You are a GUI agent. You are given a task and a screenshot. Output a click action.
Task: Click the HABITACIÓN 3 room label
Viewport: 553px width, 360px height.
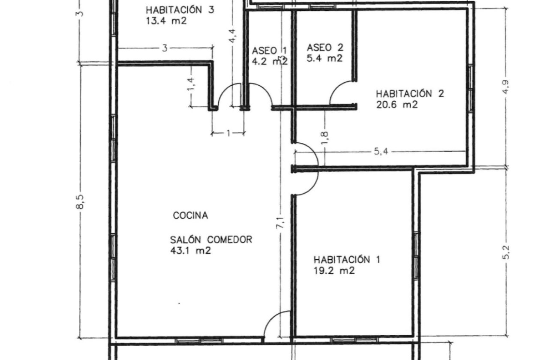click(180, 10)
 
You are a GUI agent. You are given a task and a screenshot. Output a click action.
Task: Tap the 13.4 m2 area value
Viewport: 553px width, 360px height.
click(166, 21)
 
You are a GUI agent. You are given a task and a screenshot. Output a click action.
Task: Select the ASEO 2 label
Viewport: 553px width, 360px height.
click(325, 48)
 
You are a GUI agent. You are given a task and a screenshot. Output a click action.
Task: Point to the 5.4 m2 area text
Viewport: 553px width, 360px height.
click(325, 58)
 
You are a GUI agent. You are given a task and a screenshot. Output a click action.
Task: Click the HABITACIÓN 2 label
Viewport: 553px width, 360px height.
click(410, 94)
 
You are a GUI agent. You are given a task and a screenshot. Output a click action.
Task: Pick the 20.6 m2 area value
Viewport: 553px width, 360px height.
click(397, 105)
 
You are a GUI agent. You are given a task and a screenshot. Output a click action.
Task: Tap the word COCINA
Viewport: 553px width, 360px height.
click(190, 216)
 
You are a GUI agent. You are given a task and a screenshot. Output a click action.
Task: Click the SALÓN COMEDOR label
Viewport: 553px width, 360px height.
click(211, 240)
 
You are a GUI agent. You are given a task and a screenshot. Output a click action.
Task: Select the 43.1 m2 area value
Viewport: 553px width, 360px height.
click(190, 251)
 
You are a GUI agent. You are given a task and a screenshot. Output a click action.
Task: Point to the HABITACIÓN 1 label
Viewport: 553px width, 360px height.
click(347, 260)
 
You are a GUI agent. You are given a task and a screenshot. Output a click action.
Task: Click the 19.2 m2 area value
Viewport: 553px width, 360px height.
click(334, 271)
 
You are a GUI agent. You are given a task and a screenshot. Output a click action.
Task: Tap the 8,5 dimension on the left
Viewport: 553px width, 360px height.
click(80, 202)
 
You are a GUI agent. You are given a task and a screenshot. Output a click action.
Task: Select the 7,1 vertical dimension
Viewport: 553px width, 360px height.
click(280, 223)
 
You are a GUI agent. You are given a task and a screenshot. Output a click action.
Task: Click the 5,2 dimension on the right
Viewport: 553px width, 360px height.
click(505, 253)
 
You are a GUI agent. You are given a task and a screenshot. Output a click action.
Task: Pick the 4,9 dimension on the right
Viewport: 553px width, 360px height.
click(505, 87)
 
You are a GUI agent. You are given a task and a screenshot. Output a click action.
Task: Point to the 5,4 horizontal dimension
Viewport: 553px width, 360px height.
click(381, 152)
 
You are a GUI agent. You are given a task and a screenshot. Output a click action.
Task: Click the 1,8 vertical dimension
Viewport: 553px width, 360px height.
click(325, 138)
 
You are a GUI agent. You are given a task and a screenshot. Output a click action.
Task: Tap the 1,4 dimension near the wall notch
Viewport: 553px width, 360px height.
click(191, 84)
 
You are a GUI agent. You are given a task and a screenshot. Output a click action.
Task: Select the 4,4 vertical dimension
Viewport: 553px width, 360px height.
click(233, 36)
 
